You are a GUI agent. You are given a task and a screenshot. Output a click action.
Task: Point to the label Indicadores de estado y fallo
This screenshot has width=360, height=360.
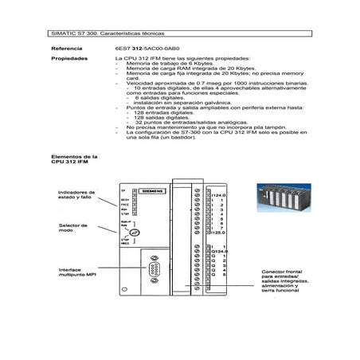point(76,195)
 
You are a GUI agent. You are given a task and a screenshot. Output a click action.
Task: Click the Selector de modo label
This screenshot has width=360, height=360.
point(72,229)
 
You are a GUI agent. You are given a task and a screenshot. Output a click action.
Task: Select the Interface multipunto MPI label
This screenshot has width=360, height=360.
point(76,273)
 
